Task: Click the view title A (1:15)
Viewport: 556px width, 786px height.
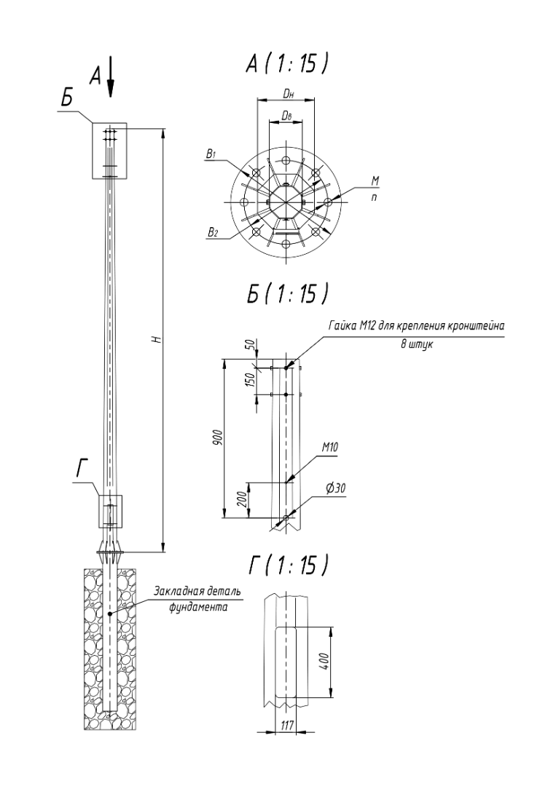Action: point(288,64)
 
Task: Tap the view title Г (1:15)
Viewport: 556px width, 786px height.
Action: point(288,565)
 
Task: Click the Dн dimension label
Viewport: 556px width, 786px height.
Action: point(288,93)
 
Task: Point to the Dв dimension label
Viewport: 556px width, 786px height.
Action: point(286,116)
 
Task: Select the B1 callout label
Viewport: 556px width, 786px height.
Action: point(211,154)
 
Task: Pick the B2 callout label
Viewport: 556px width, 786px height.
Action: point(213,232)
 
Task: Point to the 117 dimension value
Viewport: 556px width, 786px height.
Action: point(288,725)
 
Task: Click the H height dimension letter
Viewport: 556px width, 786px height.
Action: point(157,339)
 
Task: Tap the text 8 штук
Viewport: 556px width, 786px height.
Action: point(417,345)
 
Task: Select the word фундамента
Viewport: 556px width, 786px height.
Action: point(198,607)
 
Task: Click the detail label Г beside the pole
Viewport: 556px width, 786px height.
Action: point(82,469)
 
